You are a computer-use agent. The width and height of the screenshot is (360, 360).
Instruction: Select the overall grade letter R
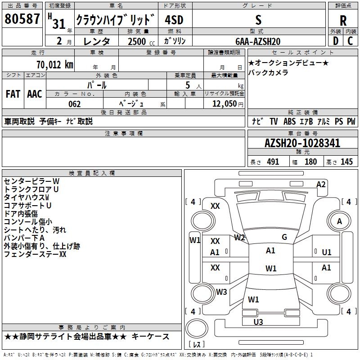pyautogui.click(x=343, y=21)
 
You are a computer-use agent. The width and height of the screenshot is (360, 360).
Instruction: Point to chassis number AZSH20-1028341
pyautogui.click(x=302, y=144)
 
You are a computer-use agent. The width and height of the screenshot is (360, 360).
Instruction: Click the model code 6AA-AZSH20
pyautogui.click(x=258, y=41)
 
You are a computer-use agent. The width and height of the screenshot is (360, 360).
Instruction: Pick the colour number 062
pyautogui.click(x=74, y=104)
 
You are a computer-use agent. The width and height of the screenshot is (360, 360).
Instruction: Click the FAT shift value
pyautogui.click(x=13, y=94)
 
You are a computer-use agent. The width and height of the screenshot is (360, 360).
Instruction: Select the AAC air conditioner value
pyautogui.click(x=34, y=94)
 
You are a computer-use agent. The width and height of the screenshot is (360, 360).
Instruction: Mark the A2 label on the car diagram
pyautogui.click(x=321, y=184)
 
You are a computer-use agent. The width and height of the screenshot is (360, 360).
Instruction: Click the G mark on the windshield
pyautogui.click(x=284, y=237)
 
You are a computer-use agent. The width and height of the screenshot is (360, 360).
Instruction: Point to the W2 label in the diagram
pyautogui.click(x=239, y=238)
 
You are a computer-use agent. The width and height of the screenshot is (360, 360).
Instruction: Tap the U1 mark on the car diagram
pyautogui.click(x=327, y=252)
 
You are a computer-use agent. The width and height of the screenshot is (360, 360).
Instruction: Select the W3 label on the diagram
pyautogui.click(x=221, y=292)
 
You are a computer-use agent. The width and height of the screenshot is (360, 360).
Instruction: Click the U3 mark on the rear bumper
pyautogui.click(x=258, y=322)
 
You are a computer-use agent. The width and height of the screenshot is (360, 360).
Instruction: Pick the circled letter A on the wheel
pyautogui.click(x=339, y=221)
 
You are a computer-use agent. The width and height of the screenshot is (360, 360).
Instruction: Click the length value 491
pyautogui.click(x=273, y=162)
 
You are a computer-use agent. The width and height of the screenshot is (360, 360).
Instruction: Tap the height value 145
pyautogui.click(x=346, y=162)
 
